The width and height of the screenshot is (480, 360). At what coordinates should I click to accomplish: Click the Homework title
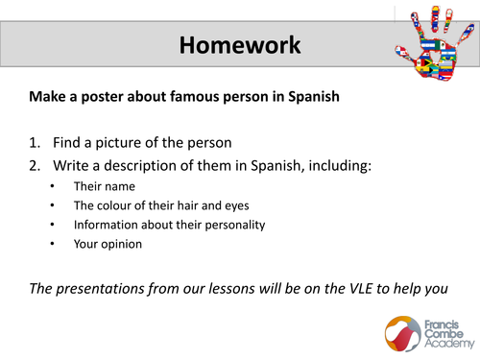[240, 44]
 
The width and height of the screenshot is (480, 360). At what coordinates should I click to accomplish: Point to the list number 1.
[35, 142]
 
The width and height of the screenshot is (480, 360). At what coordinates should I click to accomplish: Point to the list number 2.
[35, 165]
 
